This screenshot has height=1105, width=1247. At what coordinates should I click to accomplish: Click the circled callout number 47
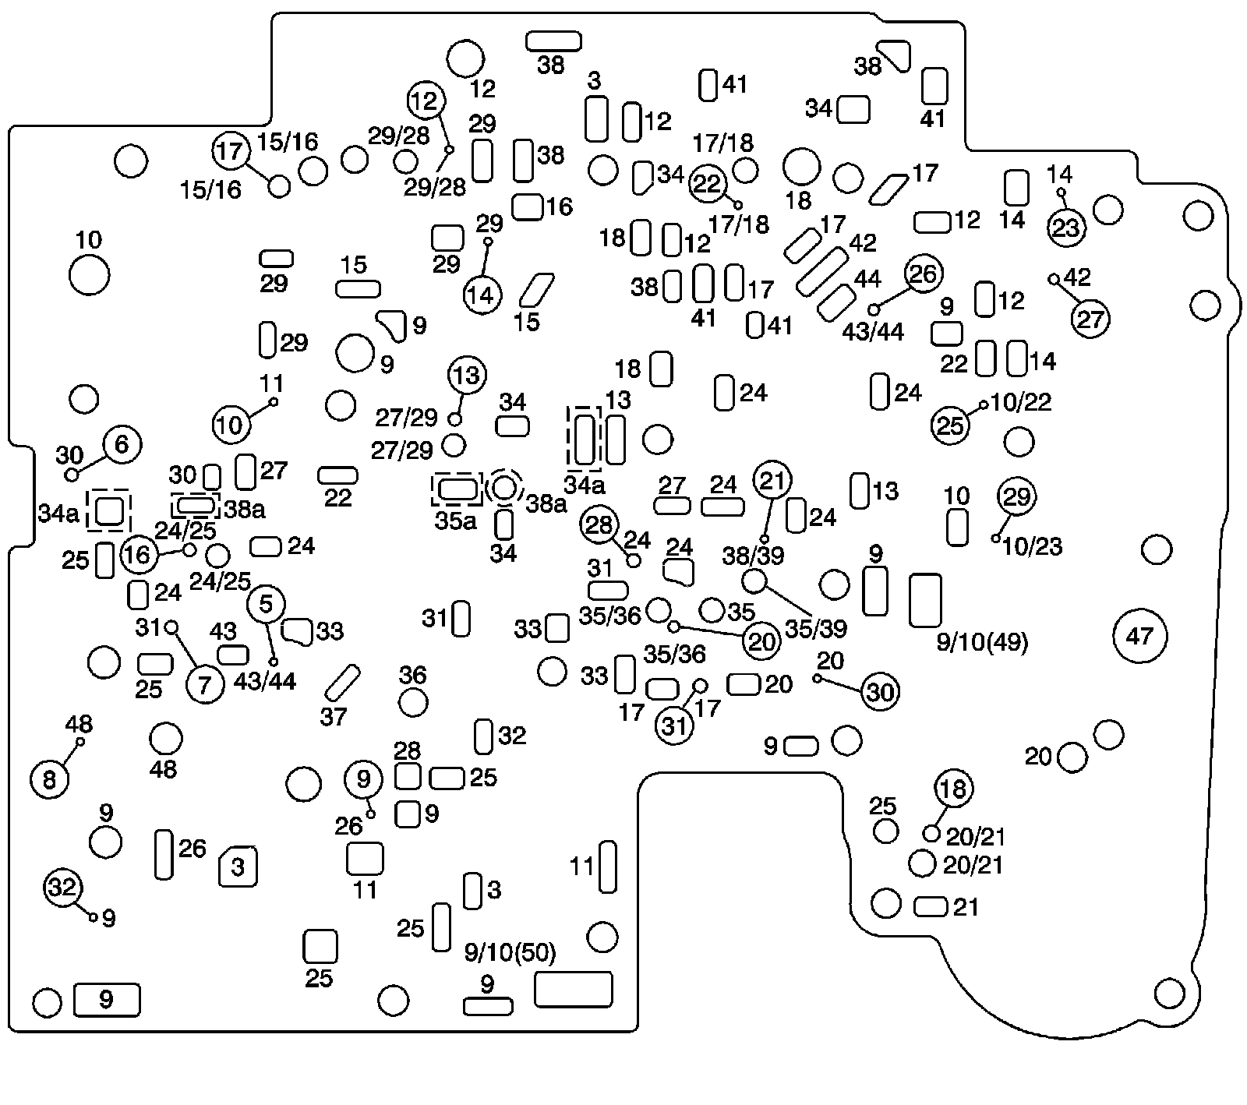[x=1139, y=636]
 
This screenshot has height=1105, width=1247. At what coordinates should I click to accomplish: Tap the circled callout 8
[x=49, y=779]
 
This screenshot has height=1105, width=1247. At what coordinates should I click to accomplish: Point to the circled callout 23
[x=1066, y=228]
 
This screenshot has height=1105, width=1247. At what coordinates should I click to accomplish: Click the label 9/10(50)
[x=510, y=953]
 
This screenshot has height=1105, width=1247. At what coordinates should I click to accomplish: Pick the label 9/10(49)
[x=982, y=643]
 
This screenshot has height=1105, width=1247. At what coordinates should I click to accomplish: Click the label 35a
[x=455, y=521]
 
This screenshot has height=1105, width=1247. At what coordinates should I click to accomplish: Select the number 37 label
[x=333, y=716]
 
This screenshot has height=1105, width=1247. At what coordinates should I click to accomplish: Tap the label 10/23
[x=1033, y=546]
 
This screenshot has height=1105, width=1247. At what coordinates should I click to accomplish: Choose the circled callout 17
[x=231, y=151]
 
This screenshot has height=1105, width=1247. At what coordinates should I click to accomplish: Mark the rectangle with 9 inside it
[x=107, y=1000]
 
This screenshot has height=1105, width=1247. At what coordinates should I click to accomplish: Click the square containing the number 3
[x=238, y=867]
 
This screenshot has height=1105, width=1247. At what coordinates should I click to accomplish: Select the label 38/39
[x=752, y=556]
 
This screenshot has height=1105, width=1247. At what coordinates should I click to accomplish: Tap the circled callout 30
[x=880, y=692]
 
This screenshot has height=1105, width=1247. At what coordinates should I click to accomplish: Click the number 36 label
[x=413, y=675]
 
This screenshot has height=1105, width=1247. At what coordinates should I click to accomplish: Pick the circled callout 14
[x=482, y=295]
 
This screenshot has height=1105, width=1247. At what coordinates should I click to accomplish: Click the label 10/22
[x=1022, y=402]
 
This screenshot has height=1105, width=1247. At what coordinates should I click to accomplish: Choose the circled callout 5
[x=267, y=604]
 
